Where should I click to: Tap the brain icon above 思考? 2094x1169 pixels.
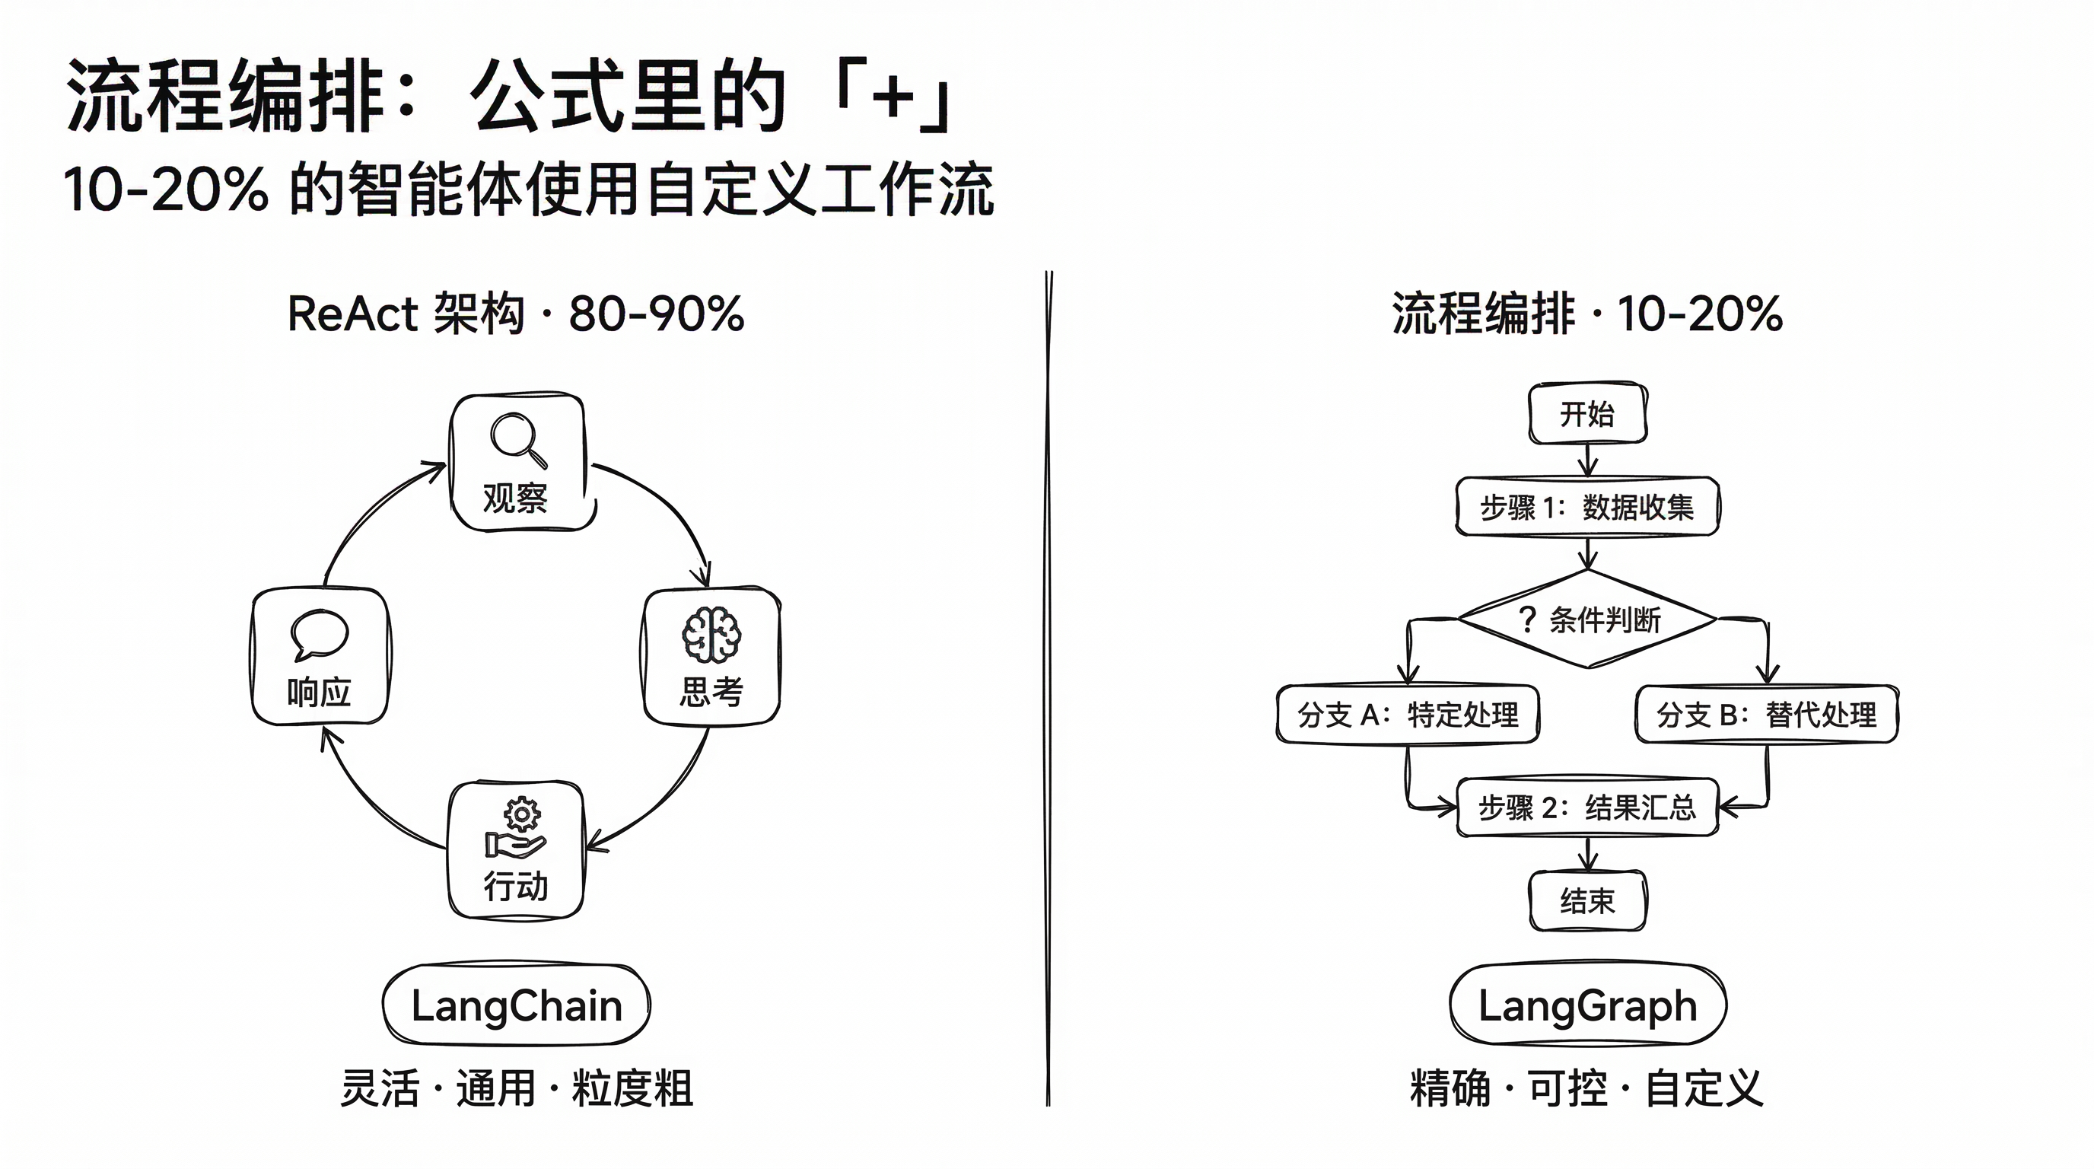[x=711, y=635]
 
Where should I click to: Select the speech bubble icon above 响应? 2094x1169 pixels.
[x=320, y=635]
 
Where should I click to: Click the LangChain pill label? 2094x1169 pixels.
[x=517, y=1005]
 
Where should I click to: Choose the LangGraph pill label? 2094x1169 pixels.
[x=1587, y=1005]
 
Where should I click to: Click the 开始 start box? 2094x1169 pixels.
[x=1587, y=414]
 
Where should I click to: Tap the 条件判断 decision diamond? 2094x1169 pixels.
[x=1587, y=620]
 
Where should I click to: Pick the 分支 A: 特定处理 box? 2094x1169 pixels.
[x=1408, y=715]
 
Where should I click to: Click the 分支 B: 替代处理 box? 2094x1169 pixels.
[x=1766, y=715]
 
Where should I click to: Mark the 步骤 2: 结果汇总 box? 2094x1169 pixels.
[x=1587, y=807]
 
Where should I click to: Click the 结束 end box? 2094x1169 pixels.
[x=1587, y=901]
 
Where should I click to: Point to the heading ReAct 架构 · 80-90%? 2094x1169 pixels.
[x=516, y=314]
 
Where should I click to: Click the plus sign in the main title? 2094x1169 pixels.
[x=893, y=97]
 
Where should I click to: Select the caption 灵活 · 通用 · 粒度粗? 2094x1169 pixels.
[x=517, y=1088]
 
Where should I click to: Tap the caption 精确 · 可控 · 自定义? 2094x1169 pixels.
[x=1586, y=1088]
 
